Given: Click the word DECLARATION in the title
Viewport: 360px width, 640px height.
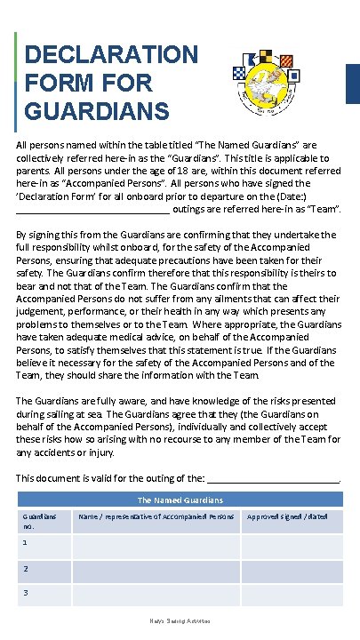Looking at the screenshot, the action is click(111, 54).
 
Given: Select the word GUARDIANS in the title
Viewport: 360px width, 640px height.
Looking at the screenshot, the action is click(97, 113).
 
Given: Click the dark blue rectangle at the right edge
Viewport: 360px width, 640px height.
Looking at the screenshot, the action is click(352, 84).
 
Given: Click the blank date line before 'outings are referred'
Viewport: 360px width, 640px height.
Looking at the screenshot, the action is click(92, 212).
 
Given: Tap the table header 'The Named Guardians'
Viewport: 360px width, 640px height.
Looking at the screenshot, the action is click(180, 500).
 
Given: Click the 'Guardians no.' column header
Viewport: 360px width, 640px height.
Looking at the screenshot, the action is click(38, 520).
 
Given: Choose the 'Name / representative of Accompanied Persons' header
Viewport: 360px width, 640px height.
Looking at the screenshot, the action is click(156, 516).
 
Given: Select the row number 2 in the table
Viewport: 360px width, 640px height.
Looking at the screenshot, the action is click(26, 568).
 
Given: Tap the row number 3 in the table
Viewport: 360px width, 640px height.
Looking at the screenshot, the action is click(26, 592).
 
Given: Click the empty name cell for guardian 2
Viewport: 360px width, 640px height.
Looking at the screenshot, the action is click(156, 570).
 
